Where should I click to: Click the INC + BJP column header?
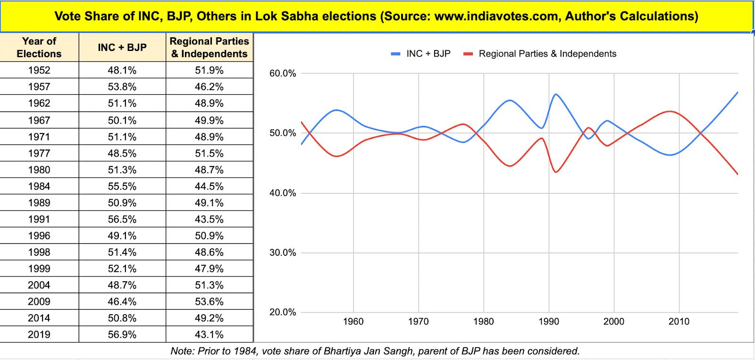click(x=122, y=47)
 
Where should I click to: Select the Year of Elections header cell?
click(x=39, y=47)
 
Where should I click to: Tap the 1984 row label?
click(x=39, y=186)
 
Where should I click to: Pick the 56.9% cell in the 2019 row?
click(x=122, y=335)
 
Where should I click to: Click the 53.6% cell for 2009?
click(x=209, y=301)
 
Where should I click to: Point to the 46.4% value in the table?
click(x=122, y=301)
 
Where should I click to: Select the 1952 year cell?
click(x=39, y=70)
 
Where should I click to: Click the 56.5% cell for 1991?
click(x=122, y=219)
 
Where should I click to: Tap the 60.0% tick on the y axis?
click(x=283, y=74)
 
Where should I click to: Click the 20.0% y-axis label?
click(x=283, y=312)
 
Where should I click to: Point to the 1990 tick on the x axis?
click(x=548, y=322)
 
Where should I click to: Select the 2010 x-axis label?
click(x=679, y=322)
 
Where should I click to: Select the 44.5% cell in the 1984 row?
click(x=209, y=186)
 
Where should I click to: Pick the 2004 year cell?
click(x=39, y=285)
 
